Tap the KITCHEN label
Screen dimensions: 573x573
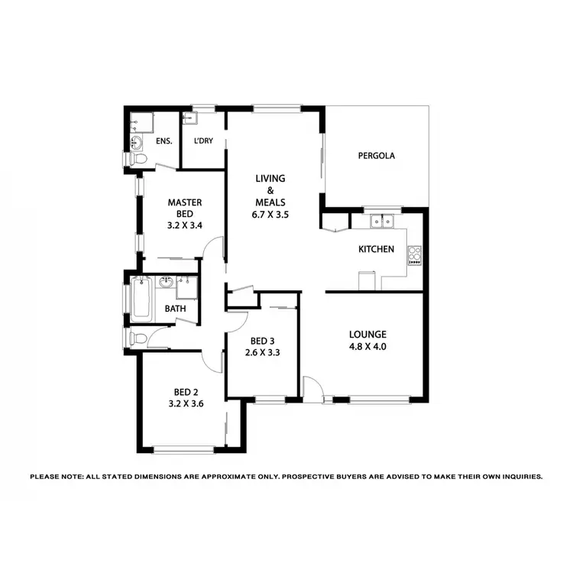coord(376,249)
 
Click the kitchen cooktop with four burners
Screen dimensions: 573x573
coord(415,254)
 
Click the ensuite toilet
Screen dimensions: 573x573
coord(138,159)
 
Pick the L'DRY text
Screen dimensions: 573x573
coord(203,141)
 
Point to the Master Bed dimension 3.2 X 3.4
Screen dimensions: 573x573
coord(184,226)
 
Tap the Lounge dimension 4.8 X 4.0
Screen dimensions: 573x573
coord(367,348)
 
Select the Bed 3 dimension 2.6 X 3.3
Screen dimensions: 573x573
coord(260,354)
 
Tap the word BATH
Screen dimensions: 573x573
coord(175,309)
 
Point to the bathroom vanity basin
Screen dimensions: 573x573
coord(166,283)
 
